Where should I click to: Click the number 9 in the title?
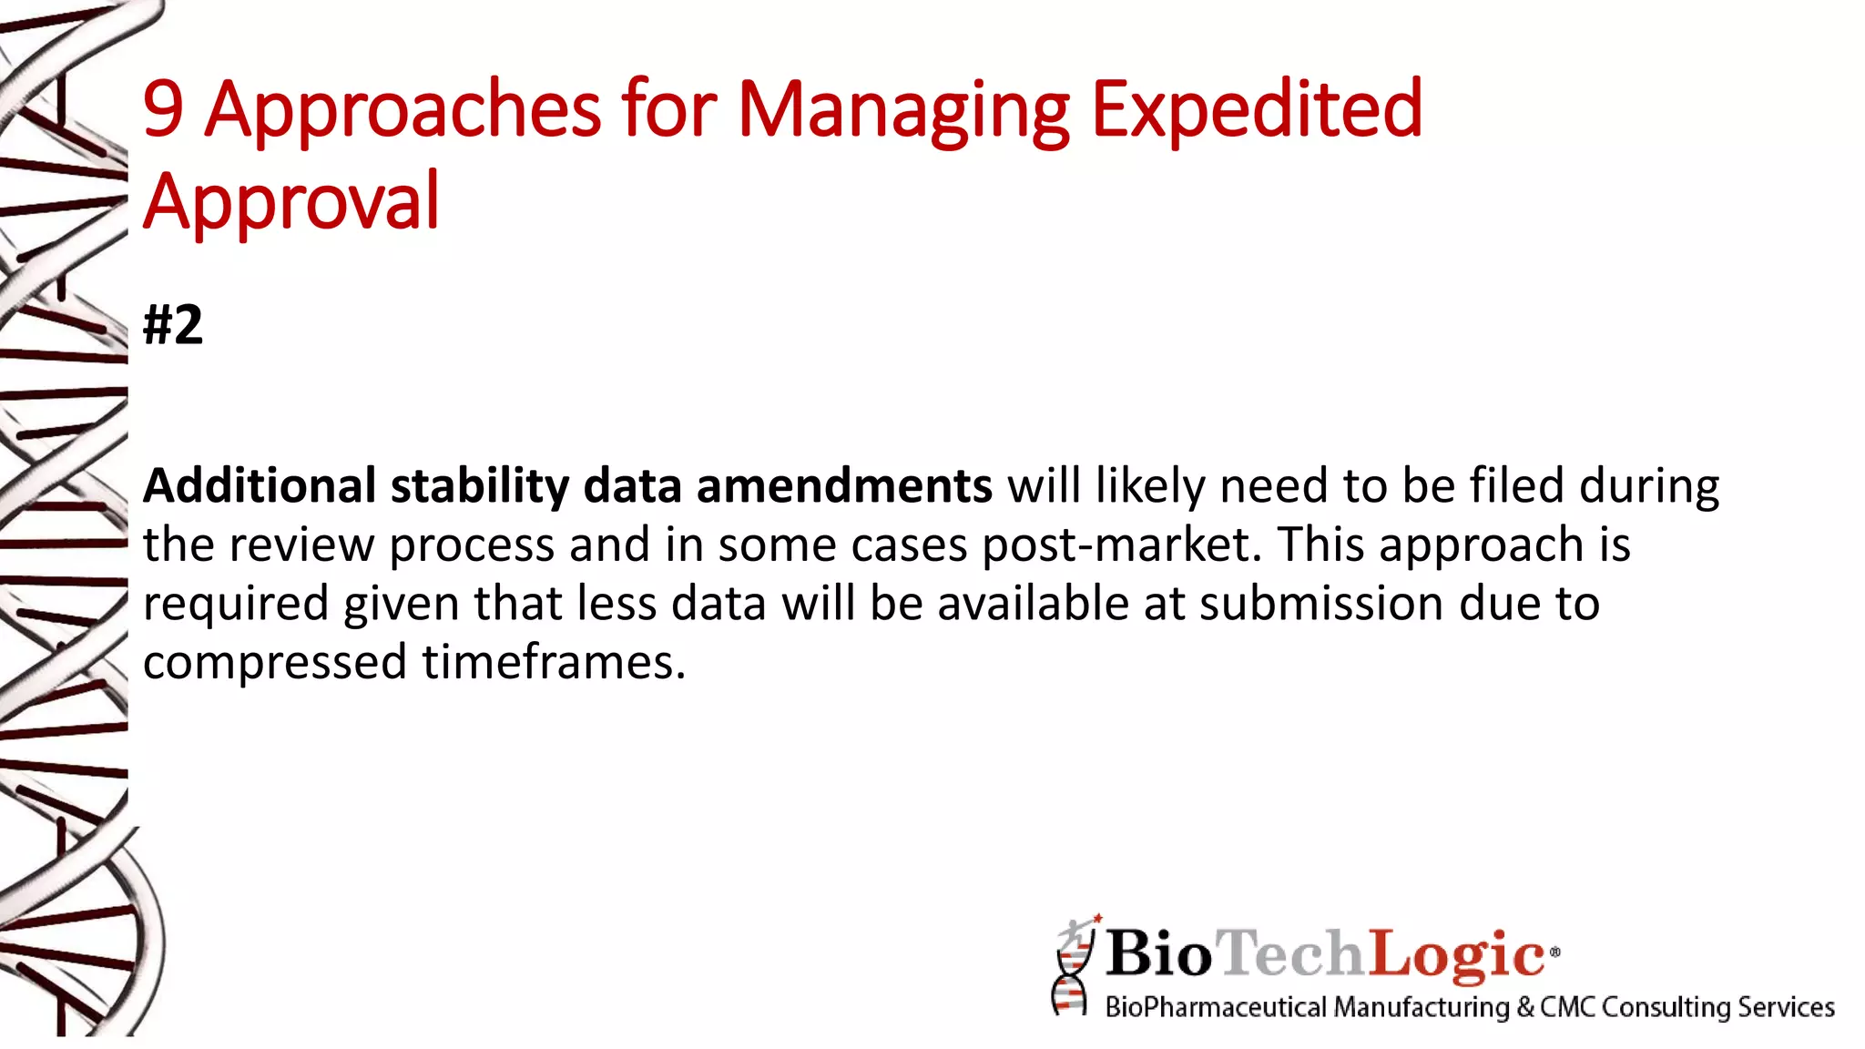(164, 109)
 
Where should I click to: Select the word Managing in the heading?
(903, 111)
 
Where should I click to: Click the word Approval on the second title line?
(291, 202)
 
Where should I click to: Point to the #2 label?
(173, 325)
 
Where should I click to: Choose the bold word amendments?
(844, 485)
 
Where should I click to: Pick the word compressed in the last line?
(274, 663)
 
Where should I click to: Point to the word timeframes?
(553, 662)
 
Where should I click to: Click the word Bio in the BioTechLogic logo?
(1159, 953)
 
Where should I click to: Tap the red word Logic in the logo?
(1457, 953)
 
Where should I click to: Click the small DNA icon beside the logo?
(1073, 967)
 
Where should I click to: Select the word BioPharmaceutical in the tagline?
(1216, 1007)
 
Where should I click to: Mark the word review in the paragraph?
(301, 545)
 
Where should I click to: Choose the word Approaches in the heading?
(403, 111)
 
